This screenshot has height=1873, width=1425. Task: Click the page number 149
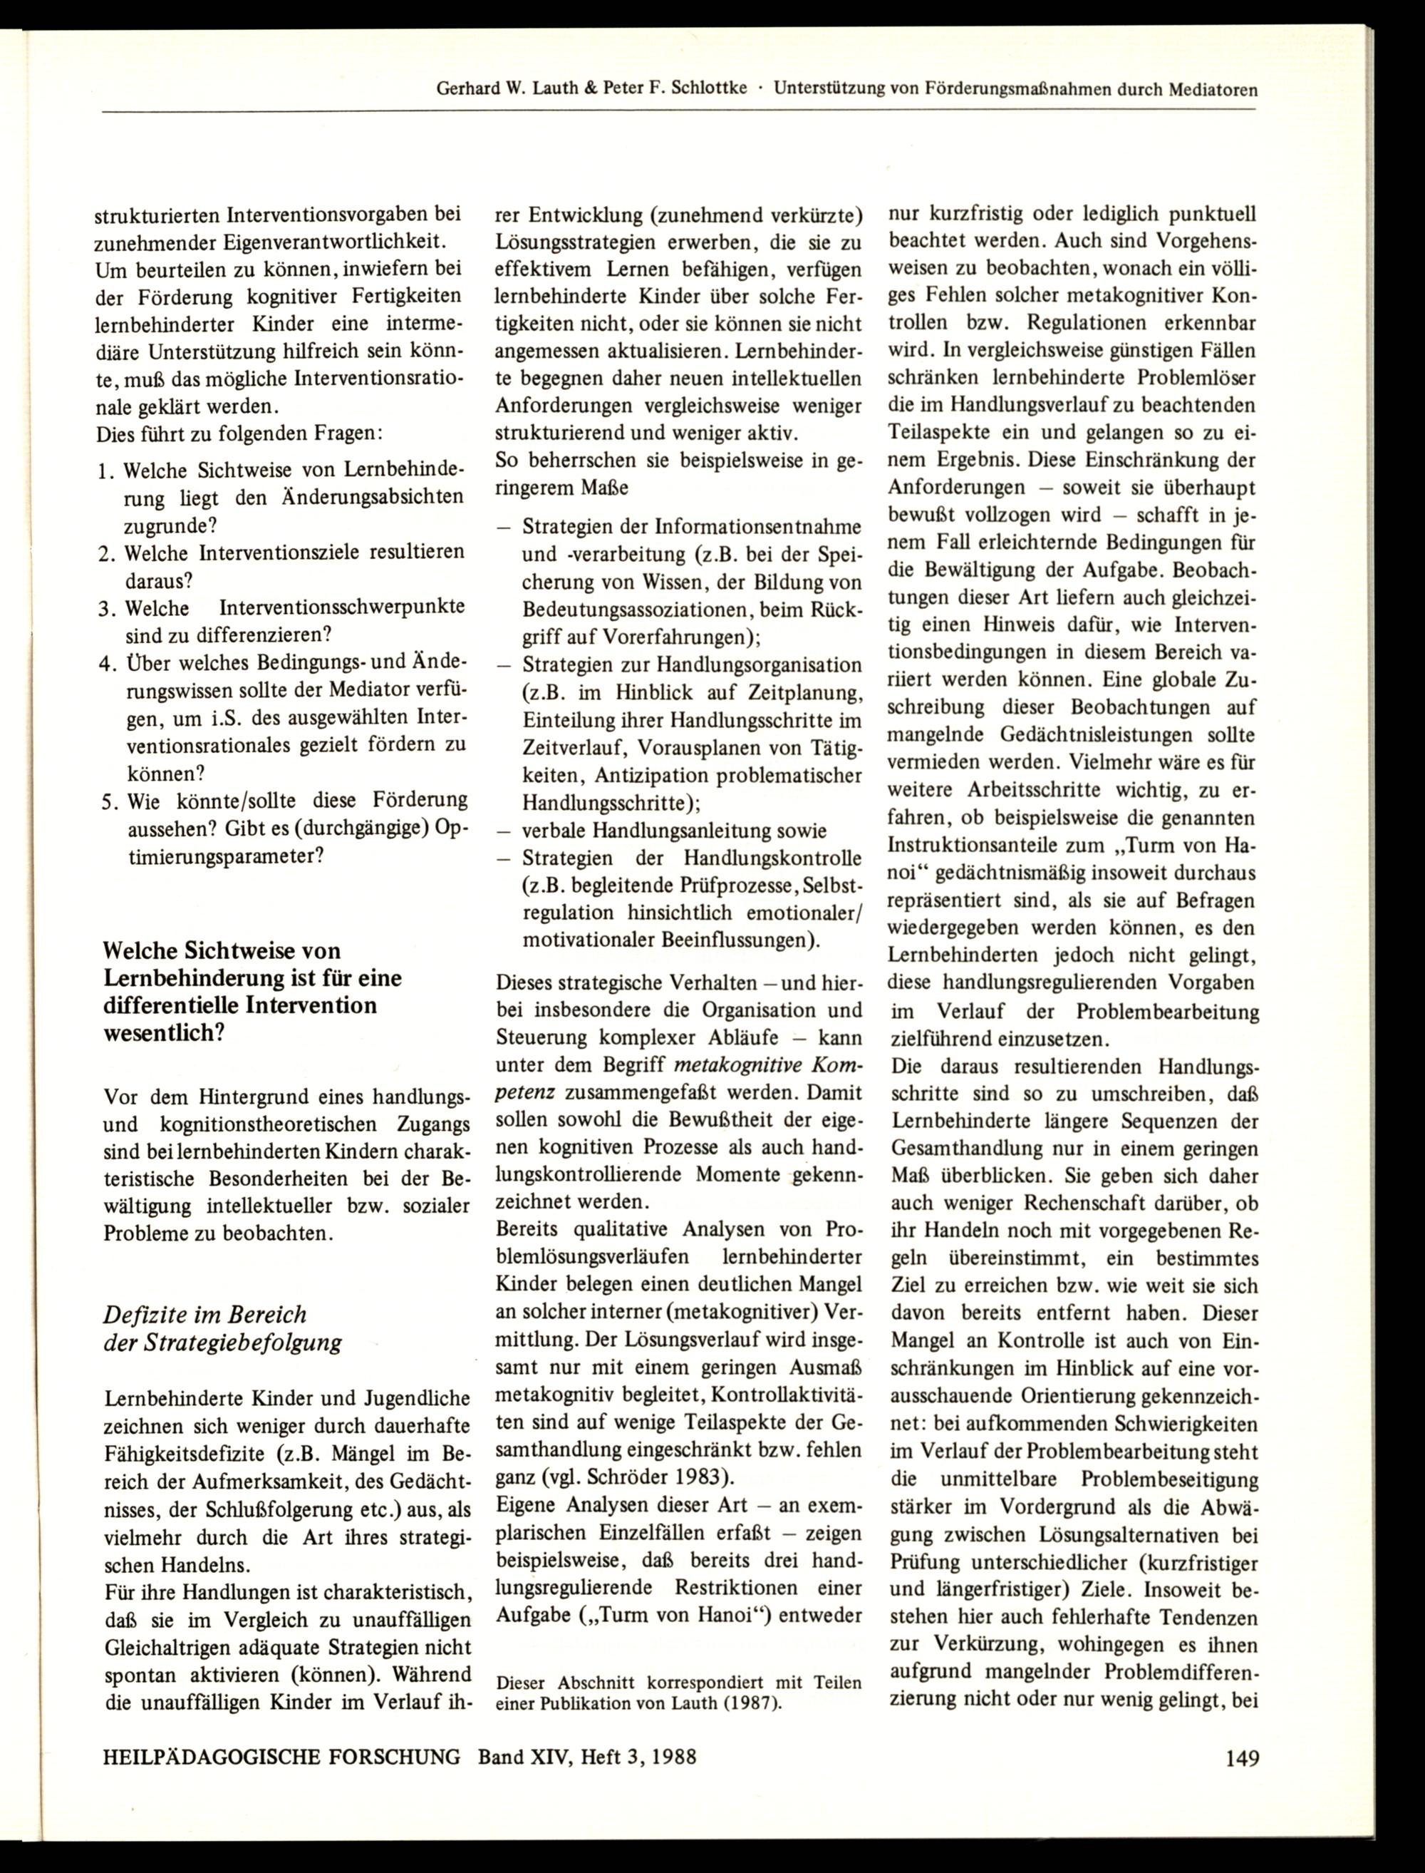(x=1242, y=1757)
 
